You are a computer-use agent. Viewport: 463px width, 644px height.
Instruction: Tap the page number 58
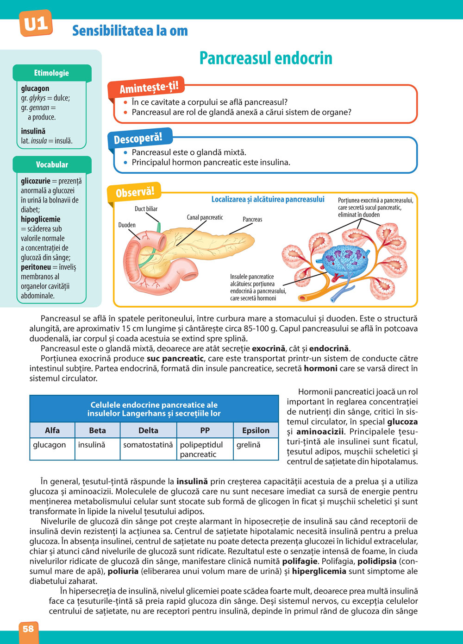[x=28, y=629]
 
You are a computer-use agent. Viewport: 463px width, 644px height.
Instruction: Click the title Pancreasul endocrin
[x=266, y=58]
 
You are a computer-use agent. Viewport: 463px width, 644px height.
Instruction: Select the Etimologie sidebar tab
[x=51, y=73]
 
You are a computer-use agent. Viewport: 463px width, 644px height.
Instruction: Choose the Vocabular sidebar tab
[x=52, y=164]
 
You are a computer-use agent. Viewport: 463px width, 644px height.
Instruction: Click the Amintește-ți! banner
[x=148, y=87]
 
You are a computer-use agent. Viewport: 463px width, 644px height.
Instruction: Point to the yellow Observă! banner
[x=135, y=191]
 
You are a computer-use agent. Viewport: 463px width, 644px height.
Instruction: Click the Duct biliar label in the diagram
[x=146, y=209]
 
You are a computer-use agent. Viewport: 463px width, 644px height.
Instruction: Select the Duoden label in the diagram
[x=127, y=225]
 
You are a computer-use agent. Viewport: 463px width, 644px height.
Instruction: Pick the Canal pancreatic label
[x=205, y=217]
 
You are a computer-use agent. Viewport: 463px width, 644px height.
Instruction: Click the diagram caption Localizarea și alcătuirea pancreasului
[x=268, y=199]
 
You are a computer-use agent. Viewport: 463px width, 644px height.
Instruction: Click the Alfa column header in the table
[x=52, y=430]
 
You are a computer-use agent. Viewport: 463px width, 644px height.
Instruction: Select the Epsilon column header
[x=256, y=430]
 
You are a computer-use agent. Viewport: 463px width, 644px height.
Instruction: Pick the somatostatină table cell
[x=148, y=445]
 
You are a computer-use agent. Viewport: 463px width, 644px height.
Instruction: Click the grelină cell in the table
[x=249, y=445]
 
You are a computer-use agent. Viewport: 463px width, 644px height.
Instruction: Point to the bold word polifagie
[x=300, y=561]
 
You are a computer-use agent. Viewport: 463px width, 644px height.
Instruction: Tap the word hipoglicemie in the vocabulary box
[x=40, y=219]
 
